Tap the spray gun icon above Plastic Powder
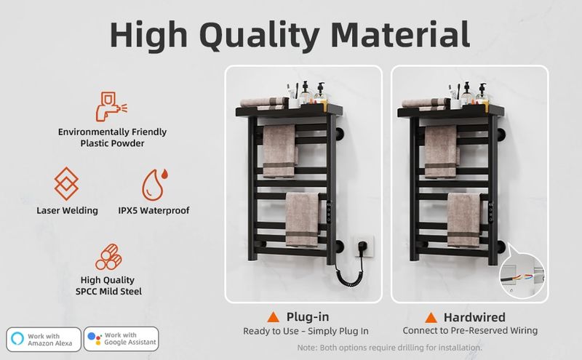click(x=111, y=106)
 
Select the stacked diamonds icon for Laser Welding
click(x=66, y=183)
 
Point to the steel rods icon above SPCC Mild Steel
click(x=108, y=257)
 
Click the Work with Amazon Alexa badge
click(x=44, y=339)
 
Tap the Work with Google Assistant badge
click(x=121, y=339)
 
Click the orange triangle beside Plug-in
click(x=274, y=317)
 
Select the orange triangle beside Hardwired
click(x=431, y=318)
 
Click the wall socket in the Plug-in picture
click(x=363, y=246)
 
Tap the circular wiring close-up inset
click(x=522, y=276)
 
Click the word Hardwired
click(x=474, y=317)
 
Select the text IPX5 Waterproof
click(x=154, y=210)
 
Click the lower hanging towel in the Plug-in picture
click(x=303, y=220)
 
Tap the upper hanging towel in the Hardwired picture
click(x=441, y=151)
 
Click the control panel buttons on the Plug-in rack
click(x=329, y=212)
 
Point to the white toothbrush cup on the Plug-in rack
click(x=295, y=103)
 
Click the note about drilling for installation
click(x=390, y=348)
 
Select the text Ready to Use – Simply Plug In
click(x=306, y=331)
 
